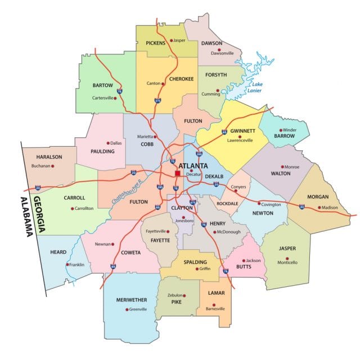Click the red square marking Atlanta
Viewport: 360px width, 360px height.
click(177, 174)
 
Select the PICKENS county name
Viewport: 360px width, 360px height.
click(155, 43)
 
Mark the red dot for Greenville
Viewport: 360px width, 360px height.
click(126, 309)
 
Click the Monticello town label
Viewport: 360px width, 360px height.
click(287, 263)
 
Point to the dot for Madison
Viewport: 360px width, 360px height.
click(319, 208)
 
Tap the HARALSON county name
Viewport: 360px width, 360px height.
click(49, 157)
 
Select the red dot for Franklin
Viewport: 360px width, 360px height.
click(67, 264)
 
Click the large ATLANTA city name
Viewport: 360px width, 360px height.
click(192, 166)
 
